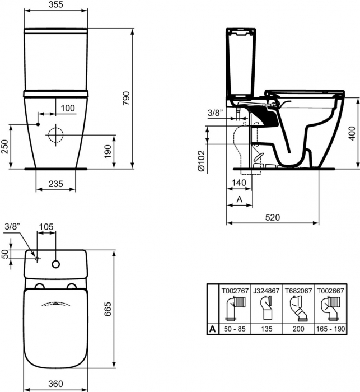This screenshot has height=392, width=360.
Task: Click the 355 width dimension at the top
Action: coord(55,5)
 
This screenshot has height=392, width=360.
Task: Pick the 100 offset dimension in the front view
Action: coord(67,108)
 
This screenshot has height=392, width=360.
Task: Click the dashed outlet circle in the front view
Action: coord(55,135)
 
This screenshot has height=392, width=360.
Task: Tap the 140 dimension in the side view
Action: coord(239,183)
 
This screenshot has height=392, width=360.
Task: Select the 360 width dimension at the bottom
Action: coord(55,384)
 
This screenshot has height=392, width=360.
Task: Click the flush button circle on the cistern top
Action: coord(56,263)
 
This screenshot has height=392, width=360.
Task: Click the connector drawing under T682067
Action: coord(298,309)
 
